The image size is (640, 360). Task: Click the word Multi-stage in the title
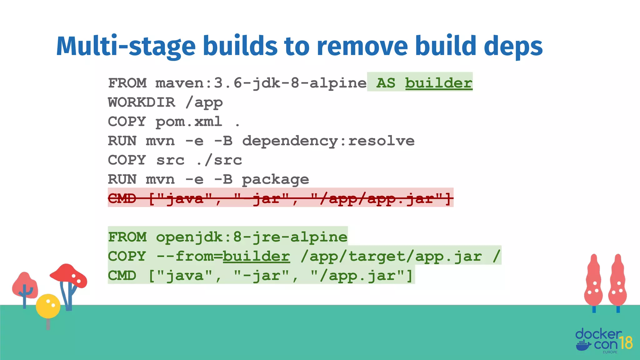click(126, 46)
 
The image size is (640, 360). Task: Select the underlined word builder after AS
click(439, 83)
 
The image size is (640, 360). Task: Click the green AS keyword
click(386, 83)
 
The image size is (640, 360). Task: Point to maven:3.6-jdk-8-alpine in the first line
click(261, 83)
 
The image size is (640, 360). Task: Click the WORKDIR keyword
click(142, 102)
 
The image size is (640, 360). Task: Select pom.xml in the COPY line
click(189, 122)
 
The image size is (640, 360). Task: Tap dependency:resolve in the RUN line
click(328, 141)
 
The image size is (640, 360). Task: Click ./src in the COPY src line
click(219, 160)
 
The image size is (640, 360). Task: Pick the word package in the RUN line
click(275, 180)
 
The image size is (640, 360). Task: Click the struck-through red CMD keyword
click(122, 198)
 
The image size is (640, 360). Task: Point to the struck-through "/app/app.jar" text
click(381, 198)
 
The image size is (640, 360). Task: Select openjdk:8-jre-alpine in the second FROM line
click(252, 237)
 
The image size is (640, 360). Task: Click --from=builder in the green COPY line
click(223, 257)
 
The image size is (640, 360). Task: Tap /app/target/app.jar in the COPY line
click(391, 257)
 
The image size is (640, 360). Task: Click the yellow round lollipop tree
click(48, 306)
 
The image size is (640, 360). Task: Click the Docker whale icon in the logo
click(583, 346)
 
